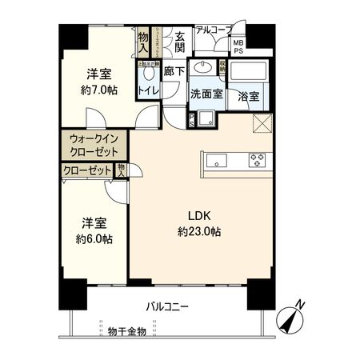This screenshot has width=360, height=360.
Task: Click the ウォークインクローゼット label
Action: (x=94, y=145)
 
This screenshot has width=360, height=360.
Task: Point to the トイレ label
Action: (x=150, y=91)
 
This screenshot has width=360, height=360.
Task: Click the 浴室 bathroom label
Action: (x=248, y=95)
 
